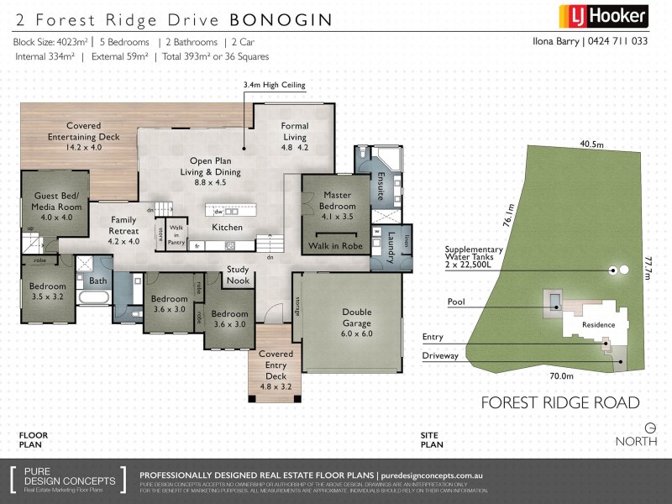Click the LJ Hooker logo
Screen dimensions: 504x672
pos(603,15)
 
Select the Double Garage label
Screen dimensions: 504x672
pos(357,317)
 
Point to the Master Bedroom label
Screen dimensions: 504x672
pos(337,201)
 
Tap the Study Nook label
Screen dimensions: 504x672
pos(238,275)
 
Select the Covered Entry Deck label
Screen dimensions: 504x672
pos(276,370)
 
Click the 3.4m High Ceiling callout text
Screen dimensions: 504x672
pos(274,85)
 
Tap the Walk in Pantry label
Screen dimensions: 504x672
pos(176,234)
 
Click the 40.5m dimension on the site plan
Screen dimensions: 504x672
pos(591,144)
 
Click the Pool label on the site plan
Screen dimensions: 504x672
pos(456,301)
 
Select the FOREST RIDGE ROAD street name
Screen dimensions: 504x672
pos(560,402)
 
